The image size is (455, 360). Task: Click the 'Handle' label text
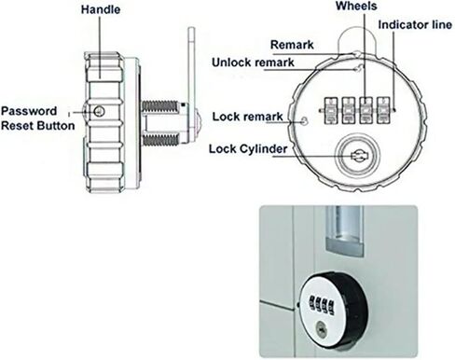click(x=101, y=9)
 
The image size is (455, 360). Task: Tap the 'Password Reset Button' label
click(x=38, y=118)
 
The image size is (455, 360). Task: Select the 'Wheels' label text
click(x=356, y=6)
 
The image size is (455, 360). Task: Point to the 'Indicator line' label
click(x=415, y=25)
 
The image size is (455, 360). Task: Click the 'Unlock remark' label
click(x=253, y=62)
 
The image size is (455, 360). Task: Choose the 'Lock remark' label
click(x=247, y=117)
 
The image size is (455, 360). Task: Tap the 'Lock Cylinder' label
click(x=248, y=149)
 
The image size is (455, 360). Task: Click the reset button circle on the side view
click(x=99, y=111)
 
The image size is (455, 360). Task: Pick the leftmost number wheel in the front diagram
click(x=331, y=110)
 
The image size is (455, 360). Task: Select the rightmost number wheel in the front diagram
click(x=383, y=110)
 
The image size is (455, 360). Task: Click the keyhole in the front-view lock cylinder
click(x=357, y=156)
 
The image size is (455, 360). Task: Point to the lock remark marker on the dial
click(x=304, y=120)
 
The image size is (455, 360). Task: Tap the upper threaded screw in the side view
click(x=160, y=106)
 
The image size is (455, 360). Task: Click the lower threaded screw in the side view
click(x=160, y=140)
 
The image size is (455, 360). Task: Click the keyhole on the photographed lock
click(x=321, y=329)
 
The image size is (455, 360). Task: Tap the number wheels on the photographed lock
click(x=321, y=305)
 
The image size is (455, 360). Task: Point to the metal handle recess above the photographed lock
click(x=344, y=231)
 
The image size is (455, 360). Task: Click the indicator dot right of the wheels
click(x=394, y=110)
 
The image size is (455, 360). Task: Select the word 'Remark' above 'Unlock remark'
click(x=292, y=45)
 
